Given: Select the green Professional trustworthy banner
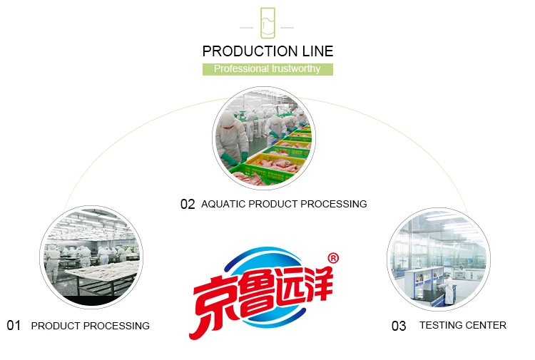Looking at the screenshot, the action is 267,69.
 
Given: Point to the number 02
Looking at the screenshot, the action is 188,205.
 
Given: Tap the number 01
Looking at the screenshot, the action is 14,326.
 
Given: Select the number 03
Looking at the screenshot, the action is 399,326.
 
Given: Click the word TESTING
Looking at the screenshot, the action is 440,325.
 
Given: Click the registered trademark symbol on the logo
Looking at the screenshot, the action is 332,257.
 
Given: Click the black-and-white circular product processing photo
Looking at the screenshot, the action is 91,257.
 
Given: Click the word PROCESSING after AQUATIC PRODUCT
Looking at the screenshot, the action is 333,204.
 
